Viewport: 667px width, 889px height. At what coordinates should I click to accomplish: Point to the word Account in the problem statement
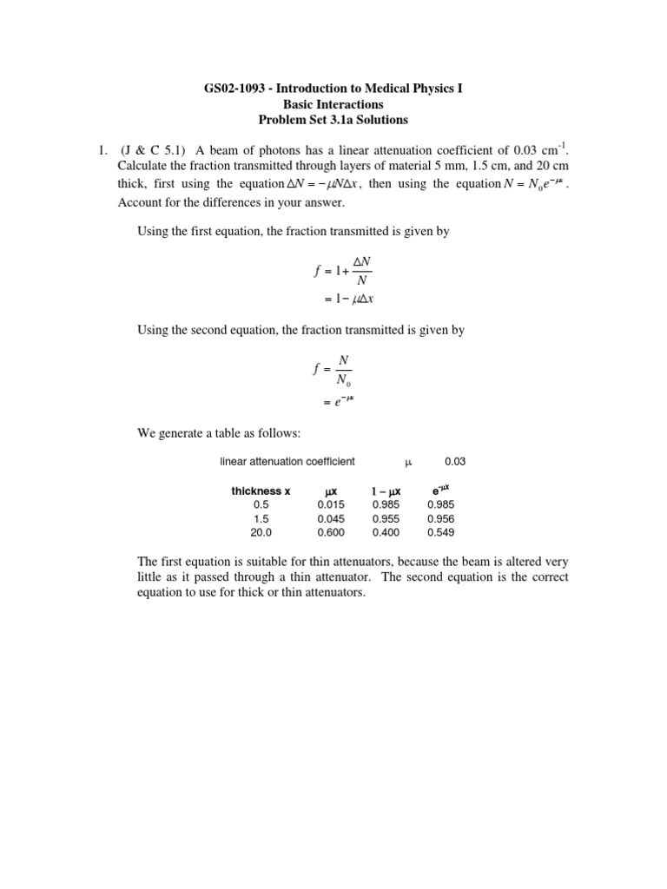(x=139, y=202)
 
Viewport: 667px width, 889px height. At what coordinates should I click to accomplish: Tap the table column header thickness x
(x=261, y=491)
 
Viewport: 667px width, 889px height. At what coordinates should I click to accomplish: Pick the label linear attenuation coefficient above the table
(x=287, y=462)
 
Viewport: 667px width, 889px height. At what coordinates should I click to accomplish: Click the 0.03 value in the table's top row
(x=457, y=462)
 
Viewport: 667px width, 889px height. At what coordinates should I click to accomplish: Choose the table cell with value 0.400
(x=386, y=532)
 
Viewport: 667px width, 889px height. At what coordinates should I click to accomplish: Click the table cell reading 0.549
(x=440, y=532)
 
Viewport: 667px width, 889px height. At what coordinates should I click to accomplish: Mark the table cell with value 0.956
(x=440, y=518)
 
